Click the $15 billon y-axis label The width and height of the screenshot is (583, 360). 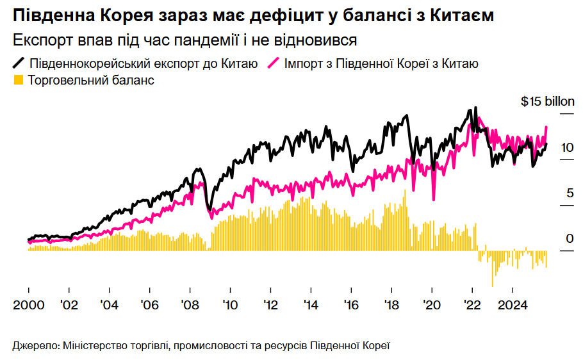(547, 101)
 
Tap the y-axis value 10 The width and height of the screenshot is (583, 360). (567, 147)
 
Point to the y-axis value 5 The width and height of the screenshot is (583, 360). (570, 193)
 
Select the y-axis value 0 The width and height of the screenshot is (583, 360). (570, 239)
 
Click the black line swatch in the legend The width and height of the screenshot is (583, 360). (19, 63)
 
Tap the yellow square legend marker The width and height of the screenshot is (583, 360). (18, 80)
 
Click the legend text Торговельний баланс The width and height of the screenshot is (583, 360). (91, 81)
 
